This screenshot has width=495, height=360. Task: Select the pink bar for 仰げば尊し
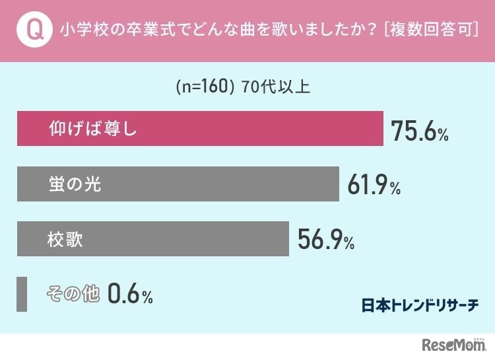[200, 128]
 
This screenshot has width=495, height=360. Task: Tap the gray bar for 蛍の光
[178, 184]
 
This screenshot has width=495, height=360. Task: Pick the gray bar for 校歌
[152, 238]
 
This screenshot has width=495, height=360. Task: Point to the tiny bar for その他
[22, 294]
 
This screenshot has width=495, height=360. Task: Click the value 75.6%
[420, 131]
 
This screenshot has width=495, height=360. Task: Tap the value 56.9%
[326, 241]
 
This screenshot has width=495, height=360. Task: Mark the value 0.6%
[129, 295]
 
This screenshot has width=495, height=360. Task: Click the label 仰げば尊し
[92, 128]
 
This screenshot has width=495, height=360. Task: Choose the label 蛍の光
[75, 184]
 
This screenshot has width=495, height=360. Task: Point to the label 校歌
[65, 238]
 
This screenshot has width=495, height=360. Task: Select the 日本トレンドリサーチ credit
[420, 305]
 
